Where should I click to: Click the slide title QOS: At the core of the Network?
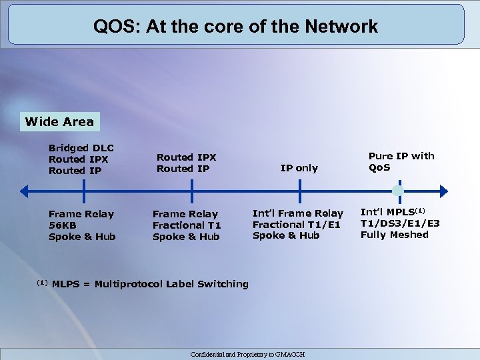[235, 27]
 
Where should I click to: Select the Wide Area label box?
[59, 122]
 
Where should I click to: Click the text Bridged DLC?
[81, 148]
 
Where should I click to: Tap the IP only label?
[299, 168]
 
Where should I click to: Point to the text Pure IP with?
[401, 156]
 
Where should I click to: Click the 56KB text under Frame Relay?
[64, 225]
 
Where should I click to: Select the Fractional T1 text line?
[187, 225]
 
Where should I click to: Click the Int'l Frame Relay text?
[297, 213]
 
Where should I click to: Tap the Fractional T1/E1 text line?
[296, 225]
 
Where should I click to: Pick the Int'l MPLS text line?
[393, 212]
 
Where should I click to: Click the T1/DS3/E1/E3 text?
[399, 223]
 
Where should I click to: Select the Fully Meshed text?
[394, 235]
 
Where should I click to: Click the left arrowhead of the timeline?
[23, 192]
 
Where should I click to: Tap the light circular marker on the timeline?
[397, 192]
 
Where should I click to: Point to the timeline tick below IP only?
[299, 192]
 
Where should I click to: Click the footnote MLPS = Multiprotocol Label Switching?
[149, 284]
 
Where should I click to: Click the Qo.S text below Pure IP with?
[379, 167]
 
